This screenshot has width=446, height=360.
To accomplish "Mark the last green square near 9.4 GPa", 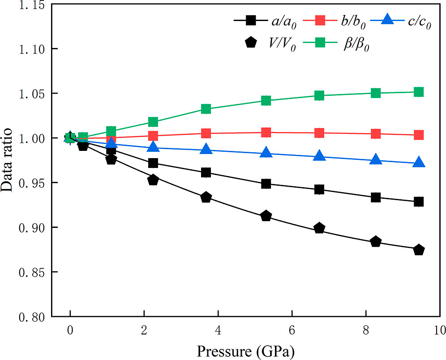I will [419, 92].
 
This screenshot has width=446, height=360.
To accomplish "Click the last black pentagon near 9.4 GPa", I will [419, 250].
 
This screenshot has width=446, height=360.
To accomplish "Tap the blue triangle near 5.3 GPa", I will [266, 153].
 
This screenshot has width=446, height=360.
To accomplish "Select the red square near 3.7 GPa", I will [206, 133].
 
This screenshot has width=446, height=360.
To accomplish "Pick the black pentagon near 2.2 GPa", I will [153, 180].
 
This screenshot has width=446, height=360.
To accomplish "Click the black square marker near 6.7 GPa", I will [319, 189].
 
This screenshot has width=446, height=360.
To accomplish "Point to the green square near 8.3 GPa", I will [376, 93].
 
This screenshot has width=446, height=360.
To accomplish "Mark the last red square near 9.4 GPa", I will [419, 135].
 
